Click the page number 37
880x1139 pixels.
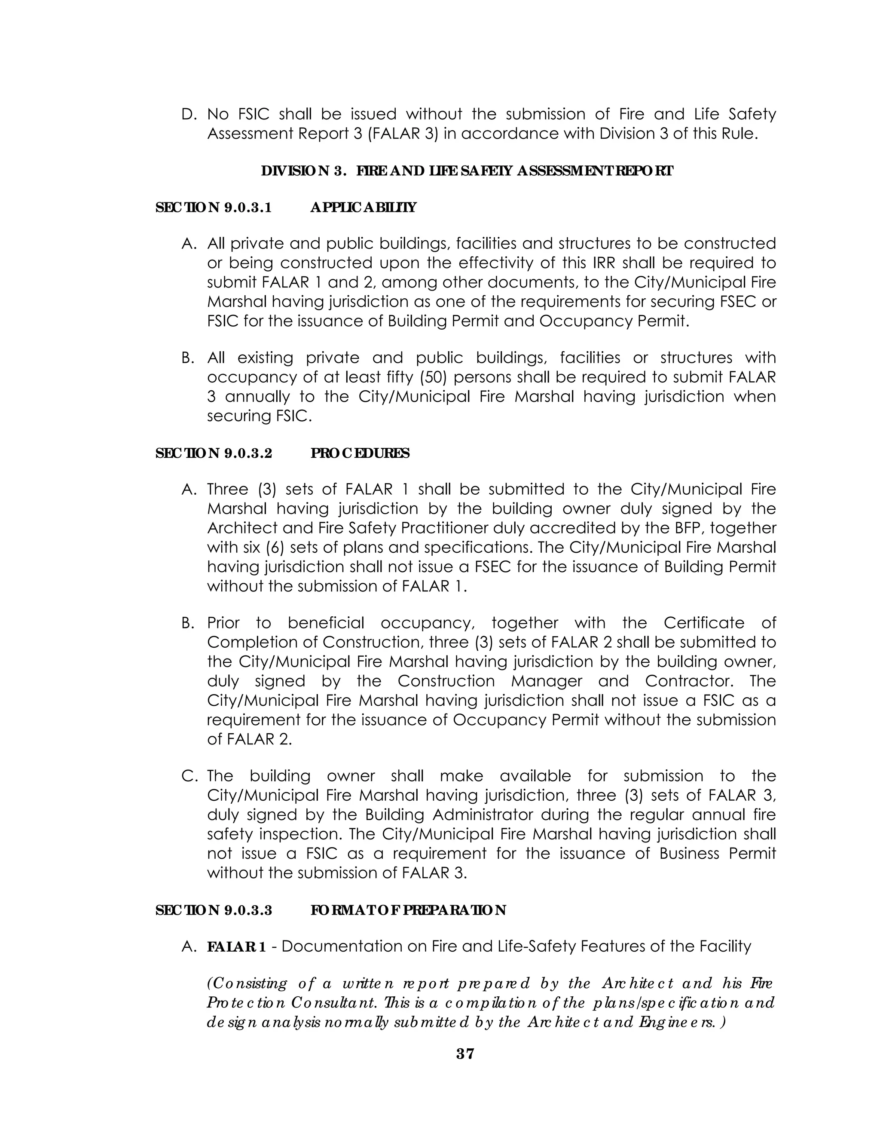coord(465,1054)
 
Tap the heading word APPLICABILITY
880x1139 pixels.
coord(364,208)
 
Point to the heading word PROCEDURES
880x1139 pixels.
coord(360,453)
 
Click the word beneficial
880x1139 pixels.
coord(326,623)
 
